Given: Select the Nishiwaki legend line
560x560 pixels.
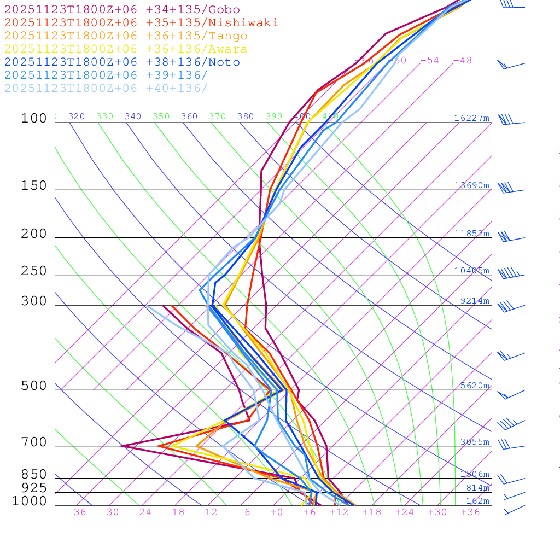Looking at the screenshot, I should (x=141, y=22).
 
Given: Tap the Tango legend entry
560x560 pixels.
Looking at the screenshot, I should (x=126, y=36).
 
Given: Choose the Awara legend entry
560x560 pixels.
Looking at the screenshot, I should (x=126, y=49).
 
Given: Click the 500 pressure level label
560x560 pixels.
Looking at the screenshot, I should (x=34, y=386).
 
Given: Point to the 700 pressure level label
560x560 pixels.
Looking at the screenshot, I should (x=34, y=442).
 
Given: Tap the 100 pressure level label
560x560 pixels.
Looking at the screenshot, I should (x=34, y=118).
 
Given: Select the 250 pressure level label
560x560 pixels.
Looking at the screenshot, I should (x=34, y=271).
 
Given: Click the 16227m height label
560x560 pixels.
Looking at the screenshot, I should (x=471, y=118).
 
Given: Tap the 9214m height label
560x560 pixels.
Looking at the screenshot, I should (x=475, y=301).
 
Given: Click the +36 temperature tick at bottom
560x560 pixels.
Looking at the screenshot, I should (x=470, y=512).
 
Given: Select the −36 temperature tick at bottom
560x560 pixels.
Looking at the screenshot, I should (x=76, y=512).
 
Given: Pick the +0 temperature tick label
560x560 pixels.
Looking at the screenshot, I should (x=277, y=512).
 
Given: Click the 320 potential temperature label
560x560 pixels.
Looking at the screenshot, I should (x=77, y=116).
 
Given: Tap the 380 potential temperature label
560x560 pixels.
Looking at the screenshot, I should (x=246, y=116).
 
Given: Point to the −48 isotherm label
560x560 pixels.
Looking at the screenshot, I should (x=462, y=61).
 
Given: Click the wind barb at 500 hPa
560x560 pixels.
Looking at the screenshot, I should (x=510, y=394).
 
